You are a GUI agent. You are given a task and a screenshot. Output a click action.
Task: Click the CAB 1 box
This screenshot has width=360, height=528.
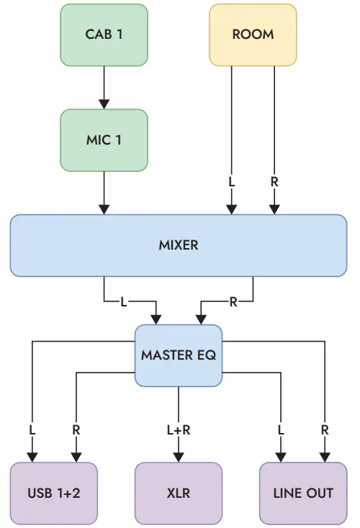104,35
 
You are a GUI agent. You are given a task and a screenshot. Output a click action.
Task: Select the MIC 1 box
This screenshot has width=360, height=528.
104,140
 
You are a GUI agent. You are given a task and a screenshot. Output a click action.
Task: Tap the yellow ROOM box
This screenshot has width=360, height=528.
253,35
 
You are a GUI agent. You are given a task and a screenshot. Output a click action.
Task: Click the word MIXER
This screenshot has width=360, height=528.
178,245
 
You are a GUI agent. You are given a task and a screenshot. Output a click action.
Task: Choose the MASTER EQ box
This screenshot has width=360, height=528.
179,355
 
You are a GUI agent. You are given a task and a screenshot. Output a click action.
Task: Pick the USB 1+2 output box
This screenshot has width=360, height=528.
53,493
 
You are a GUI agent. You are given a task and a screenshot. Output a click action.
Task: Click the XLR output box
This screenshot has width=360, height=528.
178,493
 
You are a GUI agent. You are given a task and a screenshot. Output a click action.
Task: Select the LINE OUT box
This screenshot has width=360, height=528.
303,493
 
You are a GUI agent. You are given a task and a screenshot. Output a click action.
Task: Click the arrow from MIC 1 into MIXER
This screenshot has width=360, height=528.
104,192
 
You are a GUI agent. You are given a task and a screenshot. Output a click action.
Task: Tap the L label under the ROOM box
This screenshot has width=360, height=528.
231,182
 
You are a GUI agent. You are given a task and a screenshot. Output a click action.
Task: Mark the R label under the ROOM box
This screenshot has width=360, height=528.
274,182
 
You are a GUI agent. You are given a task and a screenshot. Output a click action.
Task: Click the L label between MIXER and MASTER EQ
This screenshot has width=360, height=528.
123,302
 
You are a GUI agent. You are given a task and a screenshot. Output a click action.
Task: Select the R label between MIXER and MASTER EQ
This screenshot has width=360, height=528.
233,302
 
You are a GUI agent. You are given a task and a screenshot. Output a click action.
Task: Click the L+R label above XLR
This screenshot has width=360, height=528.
178,429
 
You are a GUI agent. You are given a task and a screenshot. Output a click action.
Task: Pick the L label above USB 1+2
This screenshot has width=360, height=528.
32,429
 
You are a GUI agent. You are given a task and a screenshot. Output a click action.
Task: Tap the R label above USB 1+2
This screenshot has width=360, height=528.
76,429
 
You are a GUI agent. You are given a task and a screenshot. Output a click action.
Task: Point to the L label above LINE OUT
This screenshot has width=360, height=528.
281,429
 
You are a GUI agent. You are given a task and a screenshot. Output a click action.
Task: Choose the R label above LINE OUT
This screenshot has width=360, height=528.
325,429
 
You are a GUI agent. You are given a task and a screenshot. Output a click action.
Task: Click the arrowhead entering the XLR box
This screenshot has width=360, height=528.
178,457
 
